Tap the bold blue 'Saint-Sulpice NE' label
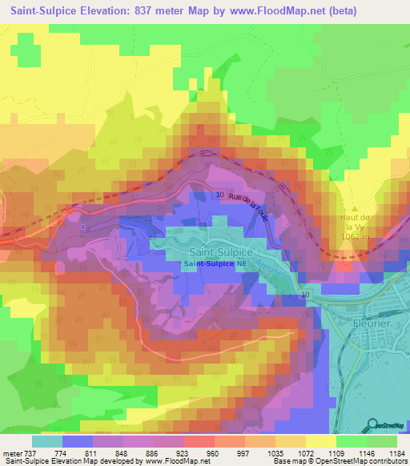pos(214,263)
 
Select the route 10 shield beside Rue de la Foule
pos(219,195)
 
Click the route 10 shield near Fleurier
pos(305,295)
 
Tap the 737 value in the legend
pos(31,452)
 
